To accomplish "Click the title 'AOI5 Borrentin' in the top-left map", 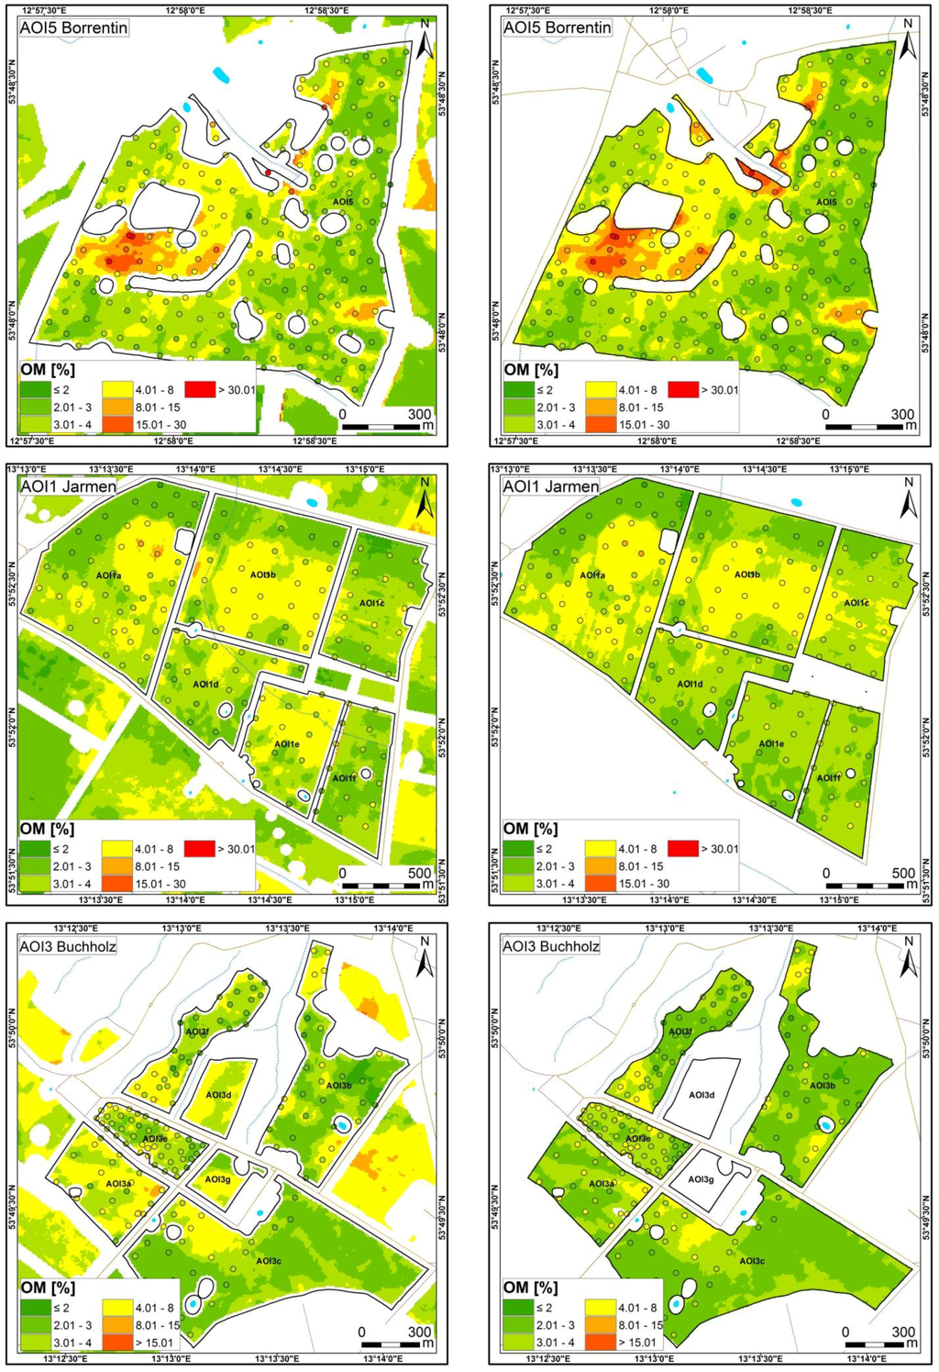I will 73,28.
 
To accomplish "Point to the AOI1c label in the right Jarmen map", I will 856,603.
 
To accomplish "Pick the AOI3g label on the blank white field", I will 701,1179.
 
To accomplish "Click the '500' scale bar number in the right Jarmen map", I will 902,874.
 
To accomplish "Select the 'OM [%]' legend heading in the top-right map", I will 530,370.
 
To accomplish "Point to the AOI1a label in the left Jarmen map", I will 107,575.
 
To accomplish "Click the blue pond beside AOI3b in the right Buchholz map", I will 825,1124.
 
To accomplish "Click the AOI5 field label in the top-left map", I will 343,201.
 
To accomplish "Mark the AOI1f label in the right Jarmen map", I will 829,778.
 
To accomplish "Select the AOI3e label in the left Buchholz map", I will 154,1139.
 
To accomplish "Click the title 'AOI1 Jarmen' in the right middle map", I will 550,486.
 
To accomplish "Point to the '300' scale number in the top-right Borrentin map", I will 902,414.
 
